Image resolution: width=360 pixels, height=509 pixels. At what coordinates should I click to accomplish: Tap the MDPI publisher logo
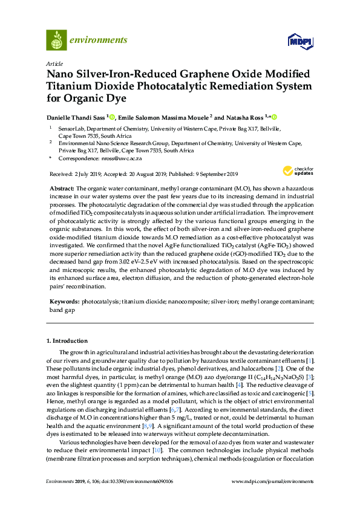click(x=300, y=41)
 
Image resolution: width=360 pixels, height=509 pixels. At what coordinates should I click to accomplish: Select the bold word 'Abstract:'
click(x=62, y=189)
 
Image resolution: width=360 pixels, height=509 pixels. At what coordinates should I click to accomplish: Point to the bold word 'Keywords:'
click(x=64, y=300)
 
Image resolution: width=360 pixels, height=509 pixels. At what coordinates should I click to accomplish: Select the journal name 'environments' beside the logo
click(x=98, y=41)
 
